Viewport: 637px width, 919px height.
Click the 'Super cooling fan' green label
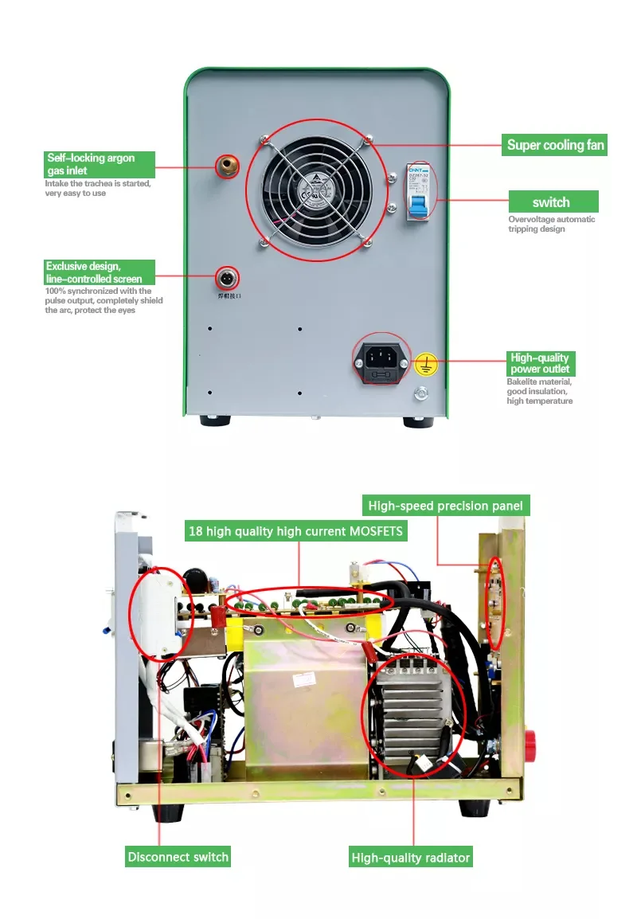(556, 145)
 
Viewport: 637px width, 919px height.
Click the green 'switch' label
(552, 202)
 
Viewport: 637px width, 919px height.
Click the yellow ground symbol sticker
(426, 365)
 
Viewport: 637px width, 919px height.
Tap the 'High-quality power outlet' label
(541, 363)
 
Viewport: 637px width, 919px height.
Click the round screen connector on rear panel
(228, 278)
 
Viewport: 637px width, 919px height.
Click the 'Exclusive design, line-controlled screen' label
(97, 272)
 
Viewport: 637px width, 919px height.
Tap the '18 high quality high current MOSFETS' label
(295, 530)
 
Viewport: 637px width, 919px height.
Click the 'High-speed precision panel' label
(446, 506)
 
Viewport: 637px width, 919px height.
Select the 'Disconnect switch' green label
(178, 857)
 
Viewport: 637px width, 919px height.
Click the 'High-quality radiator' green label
(411, 858)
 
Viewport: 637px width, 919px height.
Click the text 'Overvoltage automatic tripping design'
(551, 224)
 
